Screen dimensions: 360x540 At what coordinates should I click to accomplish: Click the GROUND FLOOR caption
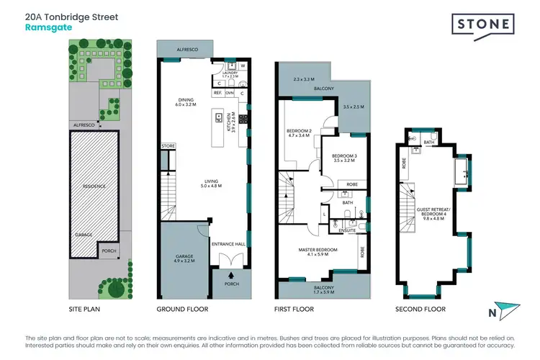[x=182, y=309]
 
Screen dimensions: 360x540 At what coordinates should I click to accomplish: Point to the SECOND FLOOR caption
[x=420, y=309]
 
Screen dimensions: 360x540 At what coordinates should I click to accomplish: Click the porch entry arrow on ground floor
[x=231, y=274]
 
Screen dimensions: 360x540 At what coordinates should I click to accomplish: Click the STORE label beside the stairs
[x=168, y=146]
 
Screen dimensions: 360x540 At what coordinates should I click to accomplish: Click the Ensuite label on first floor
[x=338, y=230]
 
